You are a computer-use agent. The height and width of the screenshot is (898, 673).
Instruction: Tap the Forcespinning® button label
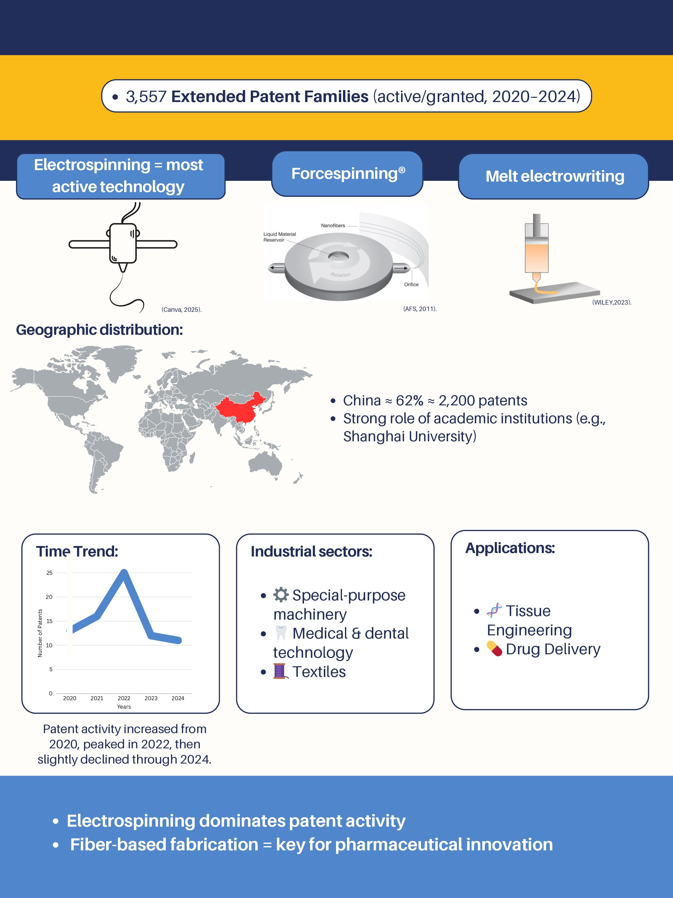point(348,174)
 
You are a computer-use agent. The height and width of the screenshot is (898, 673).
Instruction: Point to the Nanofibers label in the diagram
point(333,225)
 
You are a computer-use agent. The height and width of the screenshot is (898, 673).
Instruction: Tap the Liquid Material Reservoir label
point(279,237)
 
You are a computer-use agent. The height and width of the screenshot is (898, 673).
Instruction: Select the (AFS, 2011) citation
point(420,309)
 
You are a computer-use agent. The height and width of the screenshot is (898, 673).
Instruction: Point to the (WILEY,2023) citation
point(612,302)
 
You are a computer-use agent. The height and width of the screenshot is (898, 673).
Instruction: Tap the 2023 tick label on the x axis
point(151,698)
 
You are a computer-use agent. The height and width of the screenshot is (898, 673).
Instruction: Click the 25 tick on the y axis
point(50,573)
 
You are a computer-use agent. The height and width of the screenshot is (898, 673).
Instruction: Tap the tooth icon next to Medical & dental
point(281,633)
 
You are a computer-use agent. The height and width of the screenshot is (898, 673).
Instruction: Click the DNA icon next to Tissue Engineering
point(494,610)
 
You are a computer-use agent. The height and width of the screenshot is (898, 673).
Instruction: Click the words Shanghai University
point(409,437)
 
